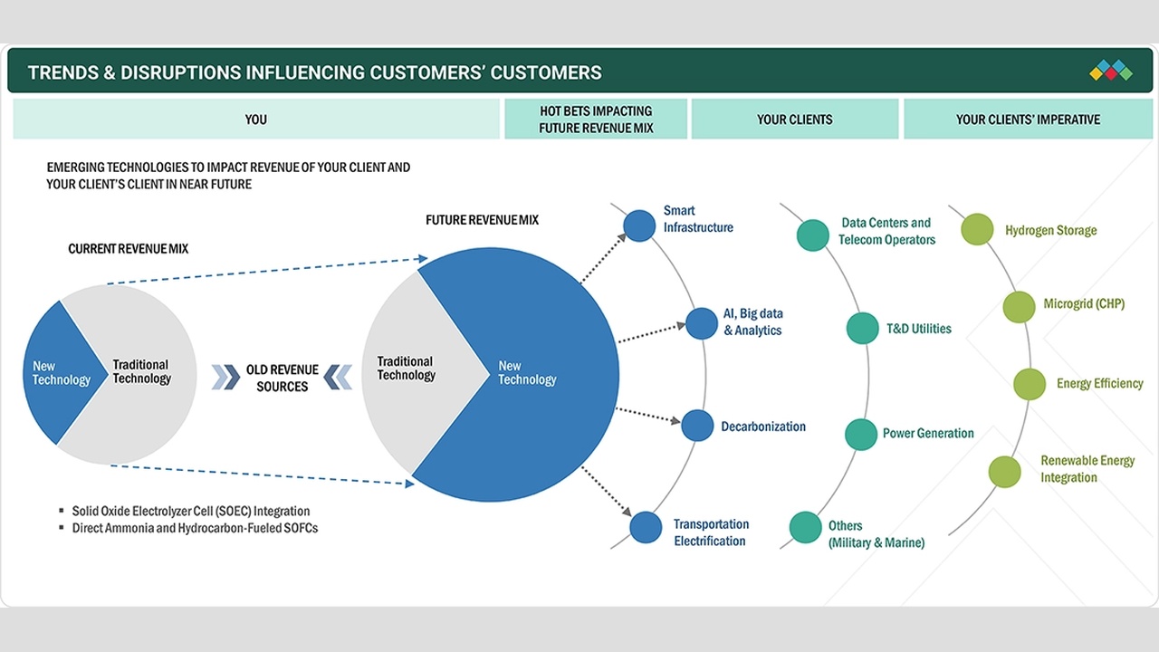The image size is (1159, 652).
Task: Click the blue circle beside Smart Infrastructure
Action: [639, 225]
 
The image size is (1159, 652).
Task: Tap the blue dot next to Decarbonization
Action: [697, 426]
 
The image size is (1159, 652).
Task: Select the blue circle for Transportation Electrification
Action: [646, 527]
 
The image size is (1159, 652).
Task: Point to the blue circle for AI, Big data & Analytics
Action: [702, 323]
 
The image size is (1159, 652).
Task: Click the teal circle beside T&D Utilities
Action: [863, 328]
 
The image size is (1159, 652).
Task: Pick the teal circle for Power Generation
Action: [861, 434]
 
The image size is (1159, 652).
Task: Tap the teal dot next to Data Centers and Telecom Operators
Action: [813, 235]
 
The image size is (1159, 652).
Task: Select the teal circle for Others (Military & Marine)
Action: [806, 527]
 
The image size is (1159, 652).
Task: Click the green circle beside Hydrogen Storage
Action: [977, 229]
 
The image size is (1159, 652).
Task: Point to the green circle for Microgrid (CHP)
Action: [1020, 307]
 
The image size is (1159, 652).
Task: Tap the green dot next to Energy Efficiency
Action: [1030, 384]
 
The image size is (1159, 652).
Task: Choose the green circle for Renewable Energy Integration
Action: [1005, 472]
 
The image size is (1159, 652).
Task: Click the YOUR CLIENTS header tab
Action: [795, 119]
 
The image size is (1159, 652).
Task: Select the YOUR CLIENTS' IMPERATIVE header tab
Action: [1028, 119]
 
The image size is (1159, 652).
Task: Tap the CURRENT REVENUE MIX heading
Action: [129, 249]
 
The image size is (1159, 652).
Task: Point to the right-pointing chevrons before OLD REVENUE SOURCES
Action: [226, 378]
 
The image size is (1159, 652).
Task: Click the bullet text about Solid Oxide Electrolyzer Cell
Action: [191, 512]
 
